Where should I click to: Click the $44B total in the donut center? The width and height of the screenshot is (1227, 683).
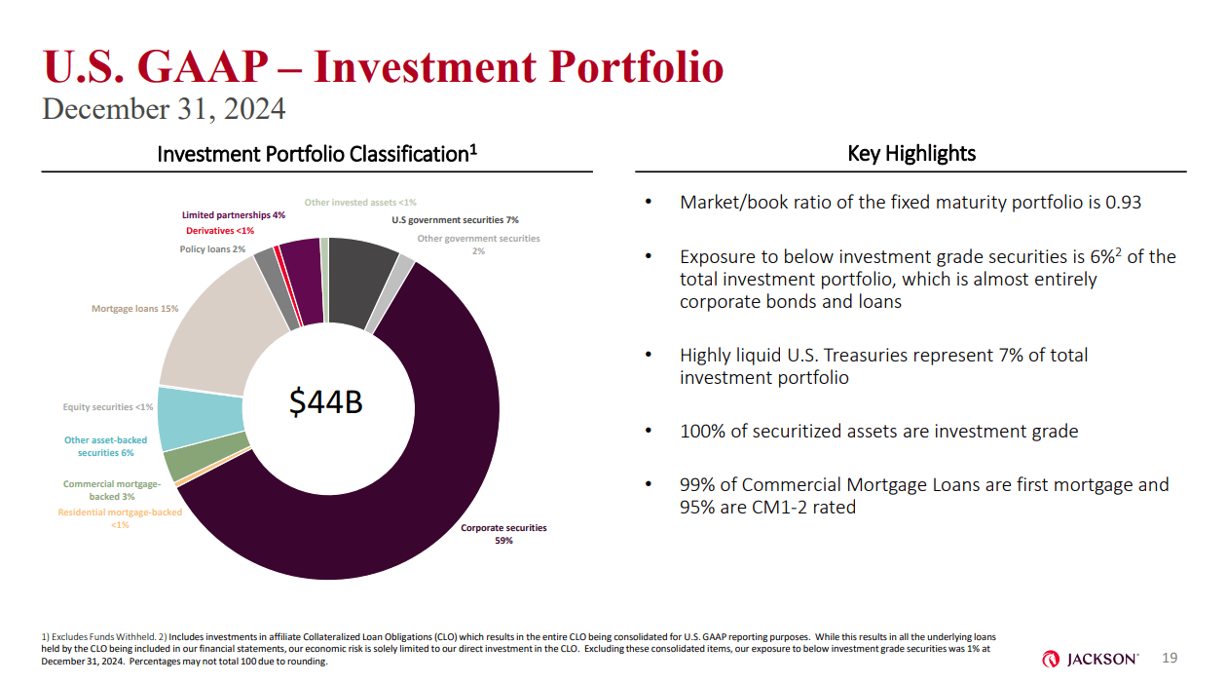click(327, 401)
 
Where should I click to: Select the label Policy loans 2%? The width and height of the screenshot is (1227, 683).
click(212, 250)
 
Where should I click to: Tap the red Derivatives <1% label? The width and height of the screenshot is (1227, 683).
click(220, 231)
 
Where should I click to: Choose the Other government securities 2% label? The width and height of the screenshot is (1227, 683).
click(478, 245)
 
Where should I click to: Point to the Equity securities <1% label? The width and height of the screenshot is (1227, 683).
click(108, 406)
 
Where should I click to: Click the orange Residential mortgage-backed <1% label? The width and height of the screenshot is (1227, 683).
click(120, 518)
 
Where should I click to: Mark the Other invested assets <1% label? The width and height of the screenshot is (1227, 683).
click(360, 203)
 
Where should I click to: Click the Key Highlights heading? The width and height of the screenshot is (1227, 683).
click(911, 153)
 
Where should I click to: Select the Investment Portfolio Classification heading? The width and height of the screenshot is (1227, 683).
click(316, 154)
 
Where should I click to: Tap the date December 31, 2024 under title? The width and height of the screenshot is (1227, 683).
click(164, 109)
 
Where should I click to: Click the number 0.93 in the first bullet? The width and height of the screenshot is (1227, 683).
click(1123, 203)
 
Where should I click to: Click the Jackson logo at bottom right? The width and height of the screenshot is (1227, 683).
click(1090, 660)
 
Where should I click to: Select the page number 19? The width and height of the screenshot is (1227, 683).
click(1170, 659)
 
